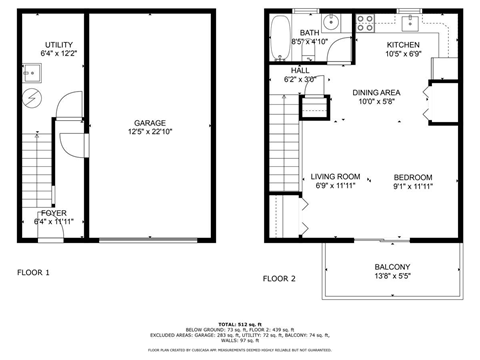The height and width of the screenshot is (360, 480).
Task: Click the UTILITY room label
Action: pyautogui.click(x=57, y=43)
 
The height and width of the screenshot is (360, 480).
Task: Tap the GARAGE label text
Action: pyautogui.click(x=149, y=122)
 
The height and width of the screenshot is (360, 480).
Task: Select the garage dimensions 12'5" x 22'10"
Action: pyautogui.click(x=149, y=132)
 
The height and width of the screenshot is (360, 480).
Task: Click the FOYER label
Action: pyautogui.click(x=53, y=213)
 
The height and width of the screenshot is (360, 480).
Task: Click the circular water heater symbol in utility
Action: pyautogui.click(x=34, y=97)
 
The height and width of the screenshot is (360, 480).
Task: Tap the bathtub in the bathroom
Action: pyautogui.click(x=280, y=27)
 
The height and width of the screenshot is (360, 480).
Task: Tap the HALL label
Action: pyautogui.click(x=300, y=70)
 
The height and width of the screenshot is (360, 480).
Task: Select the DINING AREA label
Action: pyautogui.click(x=376, y=91)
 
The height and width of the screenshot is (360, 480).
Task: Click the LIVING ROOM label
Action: pyautogui.click(x=335, y=175)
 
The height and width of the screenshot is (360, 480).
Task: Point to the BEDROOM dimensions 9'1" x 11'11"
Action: pyautogui.click(x=412, y=185)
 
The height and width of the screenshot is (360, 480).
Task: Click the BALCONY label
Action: pyautogui.click(x=392, y=267)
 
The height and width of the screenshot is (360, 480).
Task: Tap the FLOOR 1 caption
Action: pyautogui.click(x=33, y=272)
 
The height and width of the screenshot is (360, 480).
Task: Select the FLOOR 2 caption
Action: pyautogui.click(x=279, y=278)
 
